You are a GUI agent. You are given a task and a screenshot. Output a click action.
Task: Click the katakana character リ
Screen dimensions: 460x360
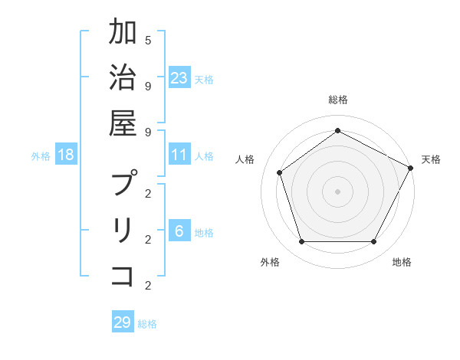click(x=123, y=231)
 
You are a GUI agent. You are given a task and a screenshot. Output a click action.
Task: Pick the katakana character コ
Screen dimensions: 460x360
click(x=123, y=276)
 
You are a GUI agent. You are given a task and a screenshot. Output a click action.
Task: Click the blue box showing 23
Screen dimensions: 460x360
click(x=179, y=78)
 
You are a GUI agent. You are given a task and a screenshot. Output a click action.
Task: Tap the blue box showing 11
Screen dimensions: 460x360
click(x=179, y=155)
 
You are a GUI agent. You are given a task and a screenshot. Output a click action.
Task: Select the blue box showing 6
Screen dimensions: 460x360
click(x=179, y=232)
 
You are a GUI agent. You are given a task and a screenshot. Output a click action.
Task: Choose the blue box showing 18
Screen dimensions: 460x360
click(x=66, y=155)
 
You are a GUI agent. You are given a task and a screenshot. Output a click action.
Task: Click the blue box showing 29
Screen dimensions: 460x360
click(x=123, y=322)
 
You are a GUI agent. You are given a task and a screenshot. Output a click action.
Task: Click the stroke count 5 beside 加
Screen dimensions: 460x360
click(x=148, y=39)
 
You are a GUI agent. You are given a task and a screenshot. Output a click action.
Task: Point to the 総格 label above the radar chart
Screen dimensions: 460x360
click(x=337, y=100)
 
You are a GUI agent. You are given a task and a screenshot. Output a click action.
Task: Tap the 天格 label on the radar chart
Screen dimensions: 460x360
click(x=431, y=159)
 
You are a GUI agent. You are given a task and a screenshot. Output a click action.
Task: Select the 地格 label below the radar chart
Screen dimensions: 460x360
click(x=402, y=262)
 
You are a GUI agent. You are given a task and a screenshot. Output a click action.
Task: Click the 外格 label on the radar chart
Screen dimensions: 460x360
click(x=270, y=262)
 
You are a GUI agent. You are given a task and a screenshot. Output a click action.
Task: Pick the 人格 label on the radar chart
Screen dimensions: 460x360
click(x=245, y=159)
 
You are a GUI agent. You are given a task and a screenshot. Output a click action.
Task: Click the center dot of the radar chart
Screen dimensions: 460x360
click(x=337, y=191)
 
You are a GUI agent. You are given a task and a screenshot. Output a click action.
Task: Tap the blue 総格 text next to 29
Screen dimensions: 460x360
click(x=147, y=324)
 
